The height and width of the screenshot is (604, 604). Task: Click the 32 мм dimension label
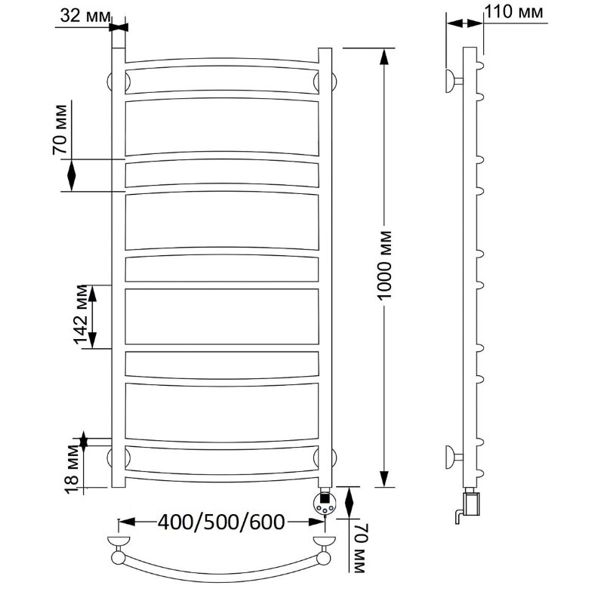pos(85,16)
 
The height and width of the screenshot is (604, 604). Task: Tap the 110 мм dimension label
pos(513,12)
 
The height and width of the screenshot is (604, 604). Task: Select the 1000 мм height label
pos(384,265)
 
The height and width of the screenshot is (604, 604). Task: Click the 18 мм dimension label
pos(72,469)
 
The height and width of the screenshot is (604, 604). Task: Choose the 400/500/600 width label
pos(221,522)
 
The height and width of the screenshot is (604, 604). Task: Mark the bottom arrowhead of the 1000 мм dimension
pos(384,479)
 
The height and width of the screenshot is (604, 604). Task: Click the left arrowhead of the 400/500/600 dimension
pos(127,522)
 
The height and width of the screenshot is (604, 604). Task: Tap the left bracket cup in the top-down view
pos(119,541)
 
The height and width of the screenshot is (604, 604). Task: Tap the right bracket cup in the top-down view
pos(325,541)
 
